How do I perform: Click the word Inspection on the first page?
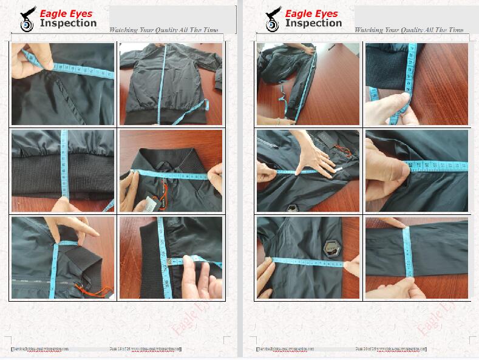[68, 24]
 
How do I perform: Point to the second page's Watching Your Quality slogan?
[409, 30]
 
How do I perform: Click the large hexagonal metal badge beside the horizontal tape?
[331, 249]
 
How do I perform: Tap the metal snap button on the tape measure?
[168, 262]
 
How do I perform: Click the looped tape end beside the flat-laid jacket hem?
[202, 107]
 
